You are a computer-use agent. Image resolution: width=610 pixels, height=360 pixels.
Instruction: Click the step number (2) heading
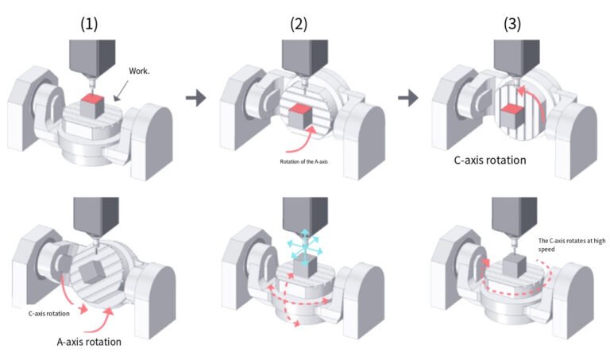[299, 24]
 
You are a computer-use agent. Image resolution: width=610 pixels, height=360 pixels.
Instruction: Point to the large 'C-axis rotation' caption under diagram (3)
[490, 160]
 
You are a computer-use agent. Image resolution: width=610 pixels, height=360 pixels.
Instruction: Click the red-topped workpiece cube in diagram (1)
[93, 106]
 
